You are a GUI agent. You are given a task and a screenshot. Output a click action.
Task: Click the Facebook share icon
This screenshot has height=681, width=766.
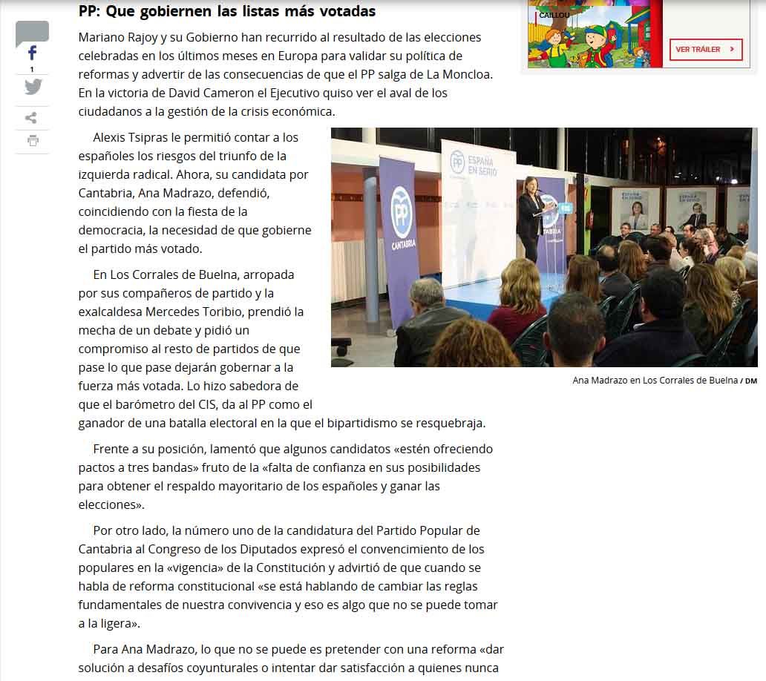coord(32,53)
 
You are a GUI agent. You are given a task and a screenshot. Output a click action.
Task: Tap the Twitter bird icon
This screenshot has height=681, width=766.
coord(33,87)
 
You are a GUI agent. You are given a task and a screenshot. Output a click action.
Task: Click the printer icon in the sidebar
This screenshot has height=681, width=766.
coord(32,140)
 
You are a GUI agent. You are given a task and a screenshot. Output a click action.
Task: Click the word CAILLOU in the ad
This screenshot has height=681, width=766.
coord(554,15)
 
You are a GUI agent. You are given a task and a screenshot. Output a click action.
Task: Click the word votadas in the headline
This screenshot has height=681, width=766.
coord(348,11)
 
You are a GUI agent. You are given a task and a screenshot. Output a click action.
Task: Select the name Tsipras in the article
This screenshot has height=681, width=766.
coord(160,137)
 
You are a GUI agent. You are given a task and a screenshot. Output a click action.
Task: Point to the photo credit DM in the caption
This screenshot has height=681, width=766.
coord(750,381)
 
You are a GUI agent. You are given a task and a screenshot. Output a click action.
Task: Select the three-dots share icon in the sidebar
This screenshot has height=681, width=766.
coord(31,117)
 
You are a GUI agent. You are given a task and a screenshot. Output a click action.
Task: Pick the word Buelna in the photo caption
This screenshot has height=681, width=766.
coord(718,381)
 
